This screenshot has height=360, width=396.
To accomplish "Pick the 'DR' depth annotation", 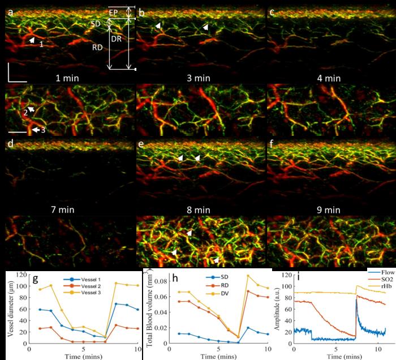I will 116,38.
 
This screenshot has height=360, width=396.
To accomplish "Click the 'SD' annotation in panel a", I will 96,24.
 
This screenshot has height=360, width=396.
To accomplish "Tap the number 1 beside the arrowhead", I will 41,44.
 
